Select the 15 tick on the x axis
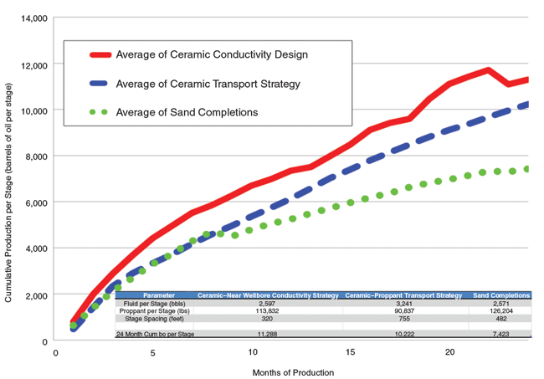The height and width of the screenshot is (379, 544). tap(351, 353)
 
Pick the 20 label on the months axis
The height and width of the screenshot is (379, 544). tap(449, 353)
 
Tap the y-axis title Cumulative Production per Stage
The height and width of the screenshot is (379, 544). tap(8, 179)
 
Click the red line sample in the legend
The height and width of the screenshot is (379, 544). tap(108, 55)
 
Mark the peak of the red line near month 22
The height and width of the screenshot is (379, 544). tap(488, 70)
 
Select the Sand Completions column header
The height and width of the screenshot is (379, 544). tap(501, 295)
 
